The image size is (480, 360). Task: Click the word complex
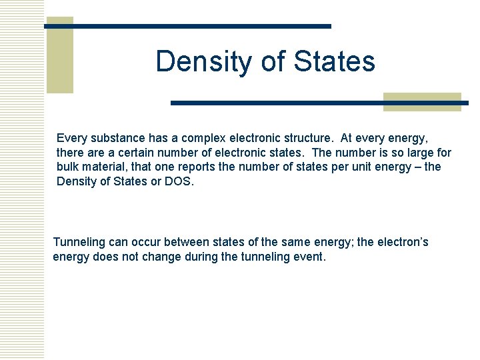click(203, 138)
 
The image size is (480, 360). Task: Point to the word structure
click(307, 138)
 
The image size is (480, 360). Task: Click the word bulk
click(68, 167)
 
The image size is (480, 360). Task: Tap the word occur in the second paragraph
click(137, 241)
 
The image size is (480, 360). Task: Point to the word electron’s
click(401, 241)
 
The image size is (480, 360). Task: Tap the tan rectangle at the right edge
click(423, 101)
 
